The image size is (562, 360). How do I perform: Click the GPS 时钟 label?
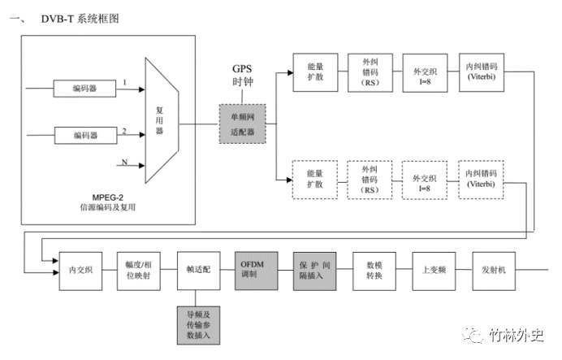click(243, 76)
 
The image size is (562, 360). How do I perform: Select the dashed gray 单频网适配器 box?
click(243, 124)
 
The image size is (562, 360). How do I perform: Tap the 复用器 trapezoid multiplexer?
click(162, 120)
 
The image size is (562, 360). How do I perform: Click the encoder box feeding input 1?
click(84, 89)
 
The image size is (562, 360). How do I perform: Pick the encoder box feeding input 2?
click(85, 135)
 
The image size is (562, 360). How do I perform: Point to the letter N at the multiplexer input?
click(124, 162)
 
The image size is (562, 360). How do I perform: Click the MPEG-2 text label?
click(107, 197)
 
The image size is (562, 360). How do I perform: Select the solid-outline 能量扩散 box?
click(315, 72)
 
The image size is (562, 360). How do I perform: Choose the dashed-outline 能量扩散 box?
click(315, 180)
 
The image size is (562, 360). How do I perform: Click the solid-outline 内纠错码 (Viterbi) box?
click(482, 72)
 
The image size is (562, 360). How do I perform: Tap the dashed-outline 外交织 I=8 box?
click(425, 180)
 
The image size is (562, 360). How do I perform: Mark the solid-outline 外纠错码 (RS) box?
click(370, 73)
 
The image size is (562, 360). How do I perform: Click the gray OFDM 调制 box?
click(257, 271)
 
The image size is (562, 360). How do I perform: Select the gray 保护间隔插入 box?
click(314, 271)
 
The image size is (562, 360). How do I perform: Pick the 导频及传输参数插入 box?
click(198, 325)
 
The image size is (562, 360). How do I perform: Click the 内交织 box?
click(80, 271)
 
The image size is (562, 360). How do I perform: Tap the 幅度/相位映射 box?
click(139, 271)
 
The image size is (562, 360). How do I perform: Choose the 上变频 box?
click(434, 271)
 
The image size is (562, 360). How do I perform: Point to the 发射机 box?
click(494, 271)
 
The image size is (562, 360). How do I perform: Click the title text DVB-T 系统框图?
click(80, 19)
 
